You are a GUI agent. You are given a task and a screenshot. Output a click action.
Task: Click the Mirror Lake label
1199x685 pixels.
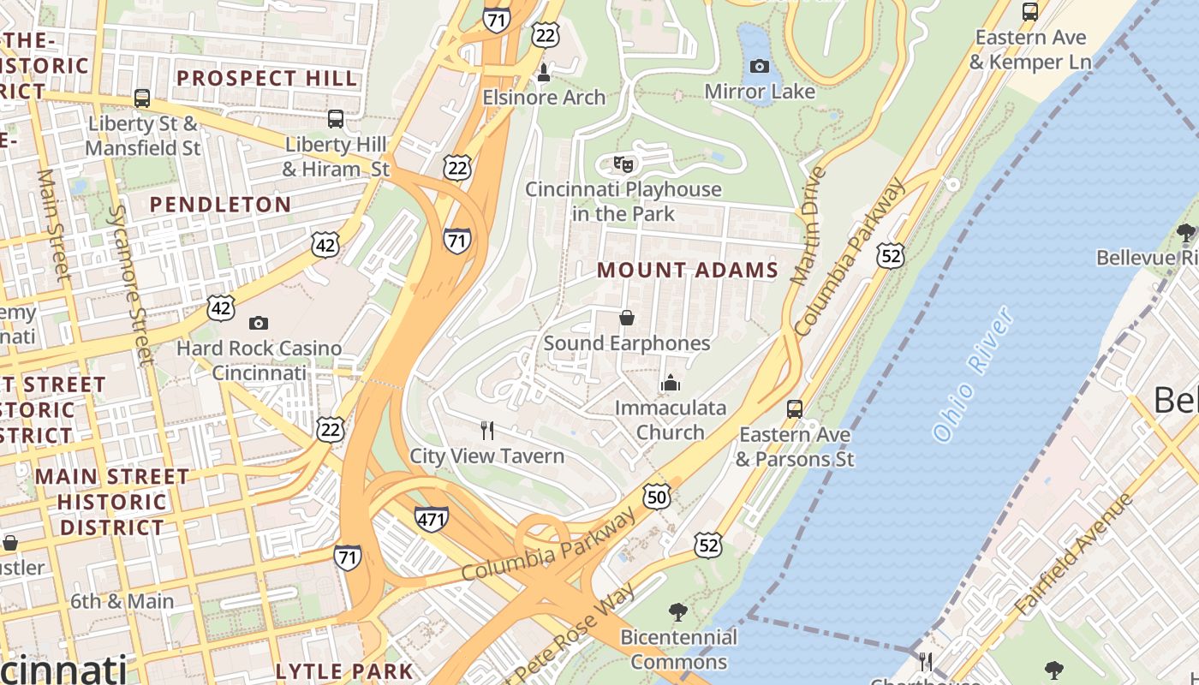pyautogui.click(x=760, y=91)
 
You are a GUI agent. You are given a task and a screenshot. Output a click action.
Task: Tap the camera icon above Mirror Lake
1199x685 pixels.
pyautogui.click(x=760, y=66)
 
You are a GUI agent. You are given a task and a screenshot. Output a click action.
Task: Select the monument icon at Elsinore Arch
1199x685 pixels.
pyautogui.click(x=543, y=74)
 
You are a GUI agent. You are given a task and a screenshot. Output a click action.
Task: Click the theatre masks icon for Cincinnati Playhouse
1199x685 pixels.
pyautogui.click(x=623, y=163)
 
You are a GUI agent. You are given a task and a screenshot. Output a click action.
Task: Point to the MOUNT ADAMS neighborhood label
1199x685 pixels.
pyautogui.click(x=688, y=271)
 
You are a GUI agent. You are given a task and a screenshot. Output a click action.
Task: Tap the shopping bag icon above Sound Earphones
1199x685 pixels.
pyautogui.click(x=627, y=318)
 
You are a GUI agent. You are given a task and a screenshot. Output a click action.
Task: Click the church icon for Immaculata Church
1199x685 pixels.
pyautogui.click(x=671, y=382)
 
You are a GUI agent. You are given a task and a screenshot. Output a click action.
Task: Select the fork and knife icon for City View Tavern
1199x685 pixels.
pyautogui.click(x=487, y=430)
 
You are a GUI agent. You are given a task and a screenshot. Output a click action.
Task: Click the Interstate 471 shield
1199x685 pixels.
pyautogui.click(x=431, y=518)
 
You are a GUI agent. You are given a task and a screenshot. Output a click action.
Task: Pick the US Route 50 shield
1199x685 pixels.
pyautogui.click(x=656, y=497)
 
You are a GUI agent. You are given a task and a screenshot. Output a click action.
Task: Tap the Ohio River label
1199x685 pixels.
pyautogui.click(x=974, y=374)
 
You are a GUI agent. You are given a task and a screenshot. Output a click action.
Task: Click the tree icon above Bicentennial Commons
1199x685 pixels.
pyautogui.click(x=678, y=611)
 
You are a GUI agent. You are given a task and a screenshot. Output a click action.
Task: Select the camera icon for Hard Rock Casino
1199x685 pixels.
pyautogui.click(x=258, y=323)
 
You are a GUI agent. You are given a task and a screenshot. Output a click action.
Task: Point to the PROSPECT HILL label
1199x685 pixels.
pyautogui.click(x=266, y=78)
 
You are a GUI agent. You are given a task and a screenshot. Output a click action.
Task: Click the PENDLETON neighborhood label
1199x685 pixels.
pyautogui.click(x=220, y=205)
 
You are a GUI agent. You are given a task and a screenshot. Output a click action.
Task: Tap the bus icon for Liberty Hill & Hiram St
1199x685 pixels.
pyautogui.click(x=336, y=118)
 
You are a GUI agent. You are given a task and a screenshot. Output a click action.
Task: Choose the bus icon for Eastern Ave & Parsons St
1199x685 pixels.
pyautogui.click(x=795, y=408)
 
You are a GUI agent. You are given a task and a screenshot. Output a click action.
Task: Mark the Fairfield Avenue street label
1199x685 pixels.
pyautogui.click(x=1072, y=553)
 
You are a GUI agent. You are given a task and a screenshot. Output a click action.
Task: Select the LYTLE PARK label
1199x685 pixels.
pyautogui.click(x=344, y=671)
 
